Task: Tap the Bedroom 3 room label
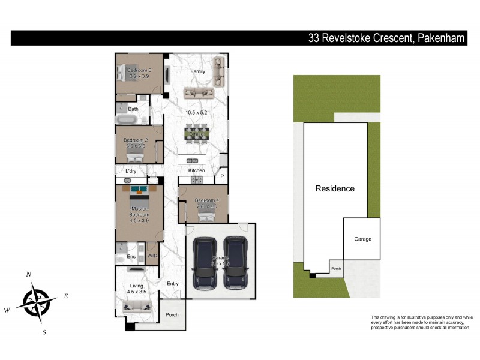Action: (x=139, y=70)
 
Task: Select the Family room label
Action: (x=198, y=71)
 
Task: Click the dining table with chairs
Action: (x=197, y=133)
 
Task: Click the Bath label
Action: (x=133, y=109)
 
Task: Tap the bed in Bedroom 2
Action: (x=134, y=157)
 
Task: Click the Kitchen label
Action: (x=197, y=171)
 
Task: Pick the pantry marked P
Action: (x=221, y=176)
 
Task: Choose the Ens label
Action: (x=131, y=256)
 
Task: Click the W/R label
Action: (x=152, y=256)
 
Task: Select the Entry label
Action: (x=173, y=284)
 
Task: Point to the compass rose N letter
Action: (x=28, y=274)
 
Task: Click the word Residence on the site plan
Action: (x=335, y=188)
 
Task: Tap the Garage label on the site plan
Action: (x=362, y=239)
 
